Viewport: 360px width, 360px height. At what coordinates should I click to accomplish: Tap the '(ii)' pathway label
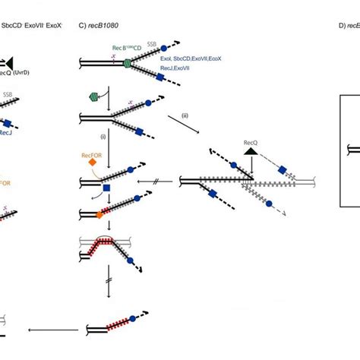click(184, 115)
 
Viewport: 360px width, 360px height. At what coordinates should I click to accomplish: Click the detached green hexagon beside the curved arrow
click(94, 96)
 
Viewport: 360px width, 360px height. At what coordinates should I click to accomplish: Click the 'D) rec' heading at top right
click(348, 25)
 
